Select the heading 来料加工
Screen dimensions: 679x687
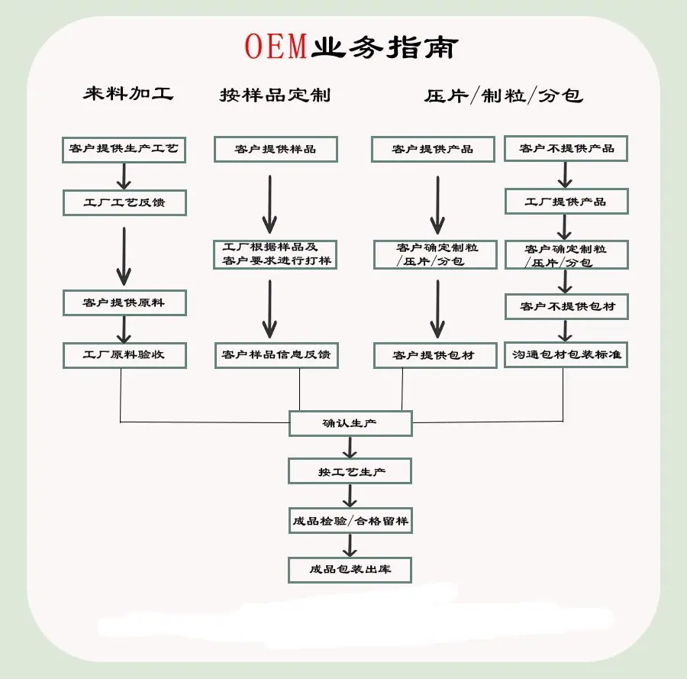[x=128, y=94]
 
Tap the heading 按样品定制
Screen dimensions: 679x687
[x=275, y=95]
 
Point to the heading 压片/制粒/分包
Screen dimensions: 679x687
[x=504, y=95]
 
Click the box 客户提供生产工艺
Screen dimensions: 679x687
[x=124, y=149]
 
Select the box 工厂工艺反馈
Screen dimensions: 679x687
[x=124, y=203]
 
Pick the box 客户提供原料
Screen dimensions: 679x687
[x=124, y=303]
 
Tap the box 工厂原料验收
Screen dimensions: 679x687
[x=124, y=355]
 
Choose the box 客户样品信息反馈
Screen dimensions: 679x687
[x=276, y=355]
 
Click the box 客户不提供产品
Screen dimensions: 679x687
[x=566, y=148]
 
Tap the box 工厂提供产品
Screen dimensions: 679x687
[x=566, y=202]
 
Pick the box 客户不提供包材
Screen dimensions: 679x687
[x=566, y=306]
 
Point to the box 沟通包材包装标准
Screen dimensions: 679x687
[x=566, y=355]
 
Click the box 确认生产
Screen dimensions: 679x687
[x=350, y=423]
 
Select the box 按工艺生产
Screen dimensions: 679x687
[x=350, y=471]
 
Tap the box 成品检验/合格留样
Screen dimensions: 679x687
[x=350, y=522]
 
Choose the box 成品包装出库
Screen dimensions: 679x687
[x=350, y=570]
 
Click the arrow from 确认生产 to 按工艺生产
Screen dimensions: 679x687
[x=350, y=447]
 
